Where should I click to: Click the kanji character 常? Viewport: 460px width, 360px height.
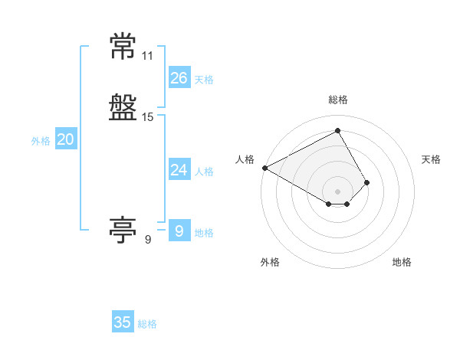123,46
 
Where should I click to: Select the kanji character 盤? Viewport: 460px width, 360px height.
123,107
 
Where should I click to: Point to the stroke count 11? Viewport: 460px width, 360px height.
147,56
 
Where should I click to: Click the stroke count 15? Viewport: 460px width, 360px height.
147,117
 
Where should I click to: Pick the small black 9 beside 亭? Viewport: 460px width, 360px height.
148,240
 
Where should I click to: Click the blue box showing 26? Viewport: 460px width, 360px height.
179,77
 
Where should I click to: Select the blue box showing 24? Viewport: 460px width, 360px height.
179,169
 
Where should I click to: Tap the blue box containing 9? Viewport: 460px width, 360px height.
179,230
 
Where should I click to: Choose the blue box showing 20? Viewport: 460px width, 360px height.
66,138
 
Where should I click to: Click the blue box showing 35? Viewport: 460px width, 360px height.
123,321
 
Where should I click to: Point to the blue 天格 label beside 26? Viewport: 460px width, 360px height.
204,80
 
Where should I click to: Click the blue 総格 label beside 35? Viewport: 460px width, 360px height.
147,324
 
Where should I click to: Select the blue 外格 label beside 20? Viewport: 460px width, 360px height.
41,141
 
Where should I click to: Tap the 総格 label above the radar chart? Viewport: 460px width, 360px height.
338,100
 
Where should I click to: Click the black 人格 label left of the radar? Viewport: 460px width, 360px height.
245,159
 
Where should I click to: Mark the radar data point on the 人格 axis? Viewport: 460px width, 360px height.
265,168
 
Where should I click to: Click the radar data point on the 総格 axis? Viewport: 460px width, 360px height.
337,130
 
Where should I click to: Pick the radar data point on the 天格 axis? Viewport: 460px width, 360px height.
366,182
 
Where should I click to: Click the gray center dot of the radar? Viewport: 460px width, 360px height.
337,191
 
